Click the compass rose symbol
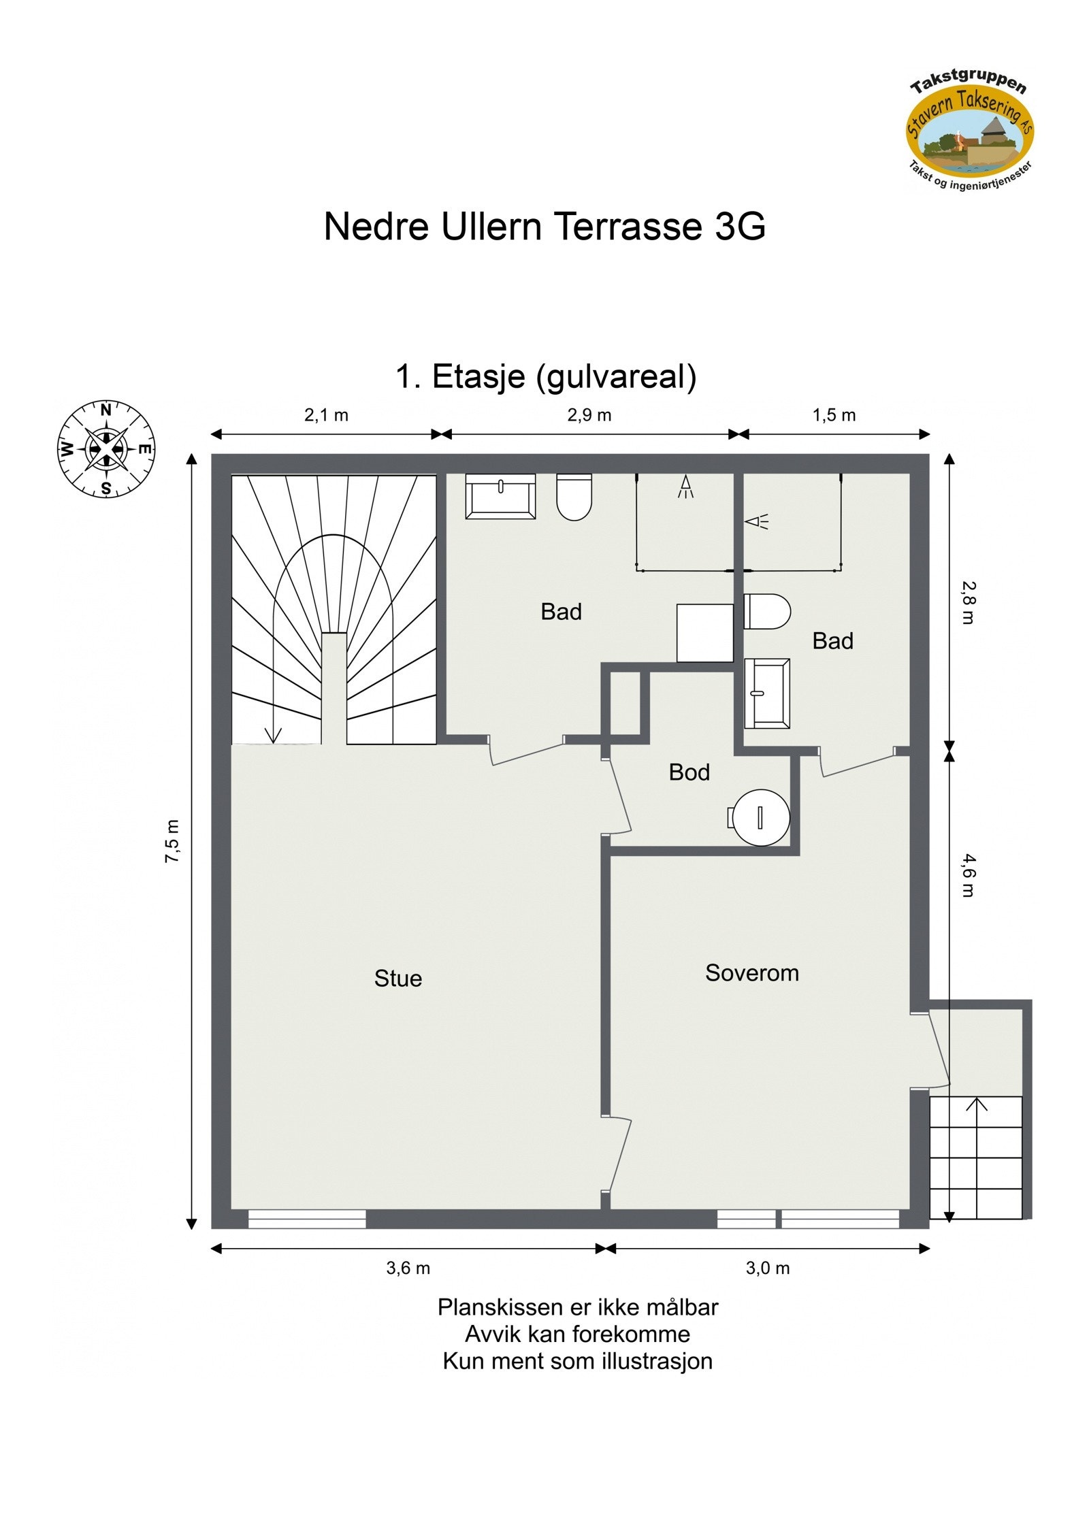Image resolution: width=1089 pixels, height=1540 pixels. click(106, 449)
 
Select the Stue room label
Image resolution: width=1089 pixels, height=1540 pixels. click(397, 979)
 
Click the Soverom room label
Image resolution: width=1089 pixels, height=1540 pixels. click(751, 973)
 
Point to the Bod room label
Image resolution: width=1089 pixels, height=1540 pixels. click(689, 772)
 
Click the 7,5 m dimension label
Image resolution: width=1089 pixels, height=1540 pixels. click(173, 841)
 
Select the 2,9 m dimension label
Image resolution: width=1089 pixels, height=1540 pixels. click(589, 415)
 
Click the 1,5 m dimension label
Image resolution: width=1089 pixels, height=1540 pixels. click(834, 415)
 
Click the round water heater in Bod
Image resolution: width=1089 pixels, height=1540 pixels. click(761, 817)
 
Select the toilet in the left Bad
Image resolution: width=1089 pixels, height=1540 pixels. click(574, 497)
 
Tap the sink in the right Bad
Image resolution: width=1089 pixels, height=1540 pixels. click(767, 693)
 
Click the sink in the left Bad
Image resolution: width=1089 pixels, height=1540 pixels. click(500, 496)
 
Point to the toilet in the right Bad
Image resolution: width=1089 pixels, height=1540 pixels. click(767, 611)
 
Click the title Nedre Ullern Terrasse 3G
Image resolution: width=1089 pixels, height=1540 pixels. click(544, 227)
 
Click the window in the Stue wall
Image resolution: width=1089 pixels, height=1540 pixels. click(306, 1219)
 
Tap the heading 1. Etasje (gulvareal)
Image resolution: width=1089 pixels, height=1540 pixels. click(546, 376)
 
